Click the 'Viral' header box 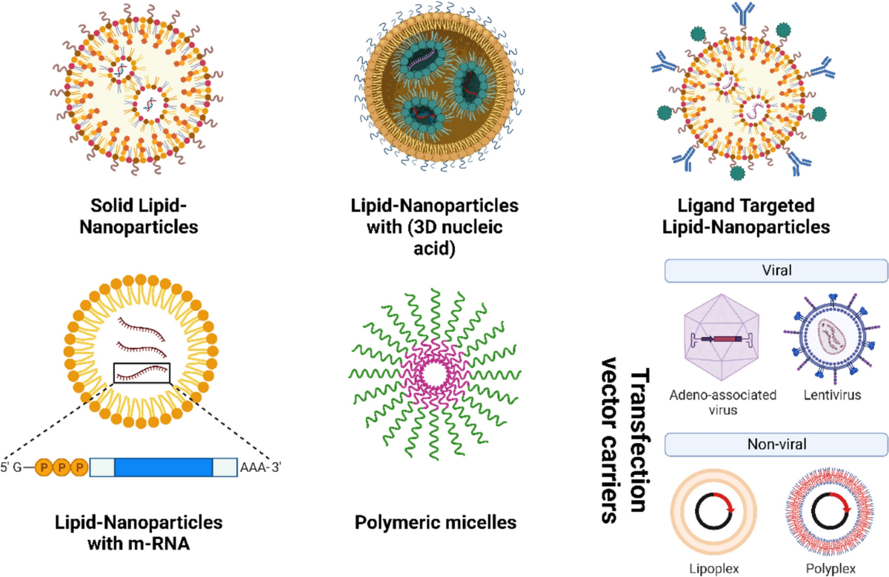point(776,270)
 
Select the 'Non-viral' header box point(776,444)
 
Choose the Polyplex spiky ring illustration point(790,512)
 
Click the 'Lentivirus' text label point(832,396)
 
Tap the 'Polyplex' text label point(830,569)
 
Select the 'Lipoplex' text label point(714,569)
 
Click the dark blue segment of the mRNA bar point(164,467)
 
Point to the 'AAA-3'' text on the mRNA point(260,467)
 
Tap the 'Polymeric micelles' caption point(436,522)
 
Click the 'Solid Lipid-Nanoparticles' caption point(139,216)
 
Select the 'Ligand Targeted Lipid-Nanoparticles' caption point(746,216)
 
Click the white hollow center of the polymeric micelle point(435,374)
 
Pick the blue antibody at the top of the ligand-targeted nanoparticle point(743,13)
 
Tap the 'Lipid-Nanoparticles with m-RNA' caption point(139,533)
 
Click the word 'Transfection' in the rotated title point(639,440)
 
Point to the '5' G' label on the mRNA point(11,467)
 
